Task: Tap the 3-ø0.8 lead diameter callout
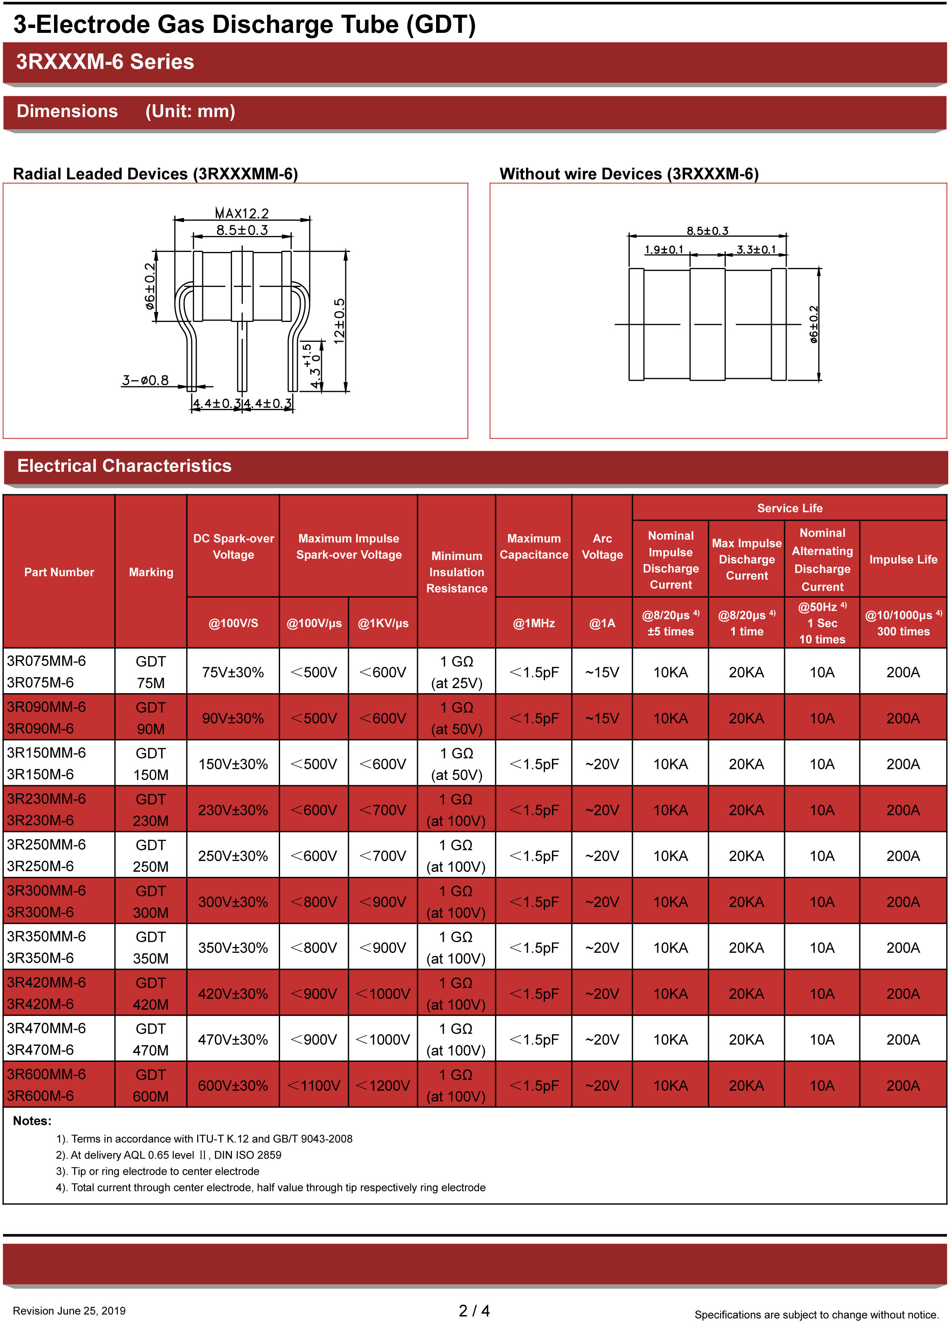pos(146,380)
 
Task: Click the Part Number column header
pos(59,572)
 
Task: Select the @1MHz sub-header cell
pos(533,623)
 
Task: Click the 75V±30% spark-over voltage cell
pos(233,672)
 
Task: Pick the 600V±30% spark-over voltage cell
pos(233,1086)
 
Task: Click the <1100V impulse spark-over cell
pos(314,1086)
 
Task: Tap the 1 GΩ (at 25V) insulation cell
pos(456,672)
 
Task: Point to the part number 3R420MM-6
pos(47,983)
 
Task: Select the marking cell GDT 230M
pos(151,810)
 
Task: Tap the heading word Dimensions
pos(67,111)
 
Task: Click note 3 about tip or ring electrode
pos(158,1171)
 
